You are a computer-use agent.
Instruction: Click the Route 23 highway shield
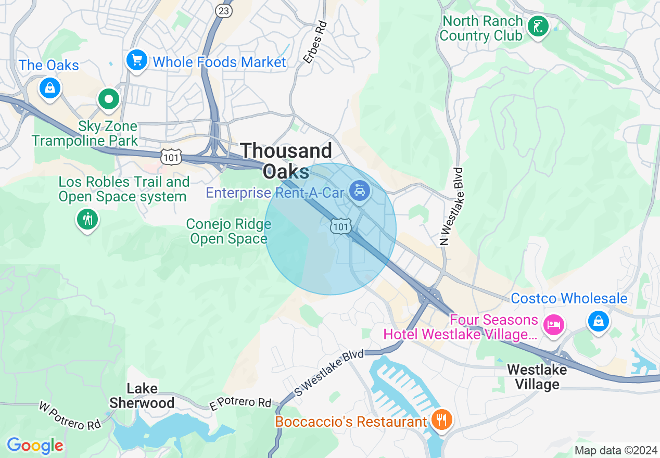tap(224, 10)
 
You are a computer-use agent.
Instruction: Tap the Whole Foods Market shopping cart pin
tap(137, 60)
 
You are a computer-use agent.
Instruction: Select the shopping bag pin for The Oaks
tap(49, 87)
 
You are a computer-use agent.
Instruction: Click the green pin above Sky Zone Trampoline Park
tap(109, 98)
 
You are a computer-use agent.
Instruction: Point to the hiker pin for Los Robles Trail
tap(87, 219)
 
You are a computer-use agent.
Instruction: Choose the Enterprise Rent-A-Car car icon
tap(359, 191)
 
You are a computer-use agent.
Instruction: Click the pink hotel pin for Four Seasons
tap(553, 325)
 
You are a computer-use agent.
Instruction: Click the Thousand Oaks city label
tap(286, 160)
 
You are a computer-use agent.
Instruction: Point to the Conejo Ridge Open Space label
tap(229, 232)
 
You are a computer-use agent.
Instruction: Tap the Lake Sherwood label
tap(142, 396)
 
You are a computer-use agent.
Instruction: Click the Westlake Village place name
tap(537, 377)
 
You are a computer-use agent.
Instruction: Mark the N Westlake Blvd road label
tap(451, 206)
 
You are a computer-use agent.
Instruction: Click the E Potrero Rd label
tap(240, 402)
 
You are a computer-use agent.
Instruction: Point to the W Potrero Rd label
tap(70, 415)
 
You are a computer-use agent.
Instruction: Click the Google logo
tap(35, 446)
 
